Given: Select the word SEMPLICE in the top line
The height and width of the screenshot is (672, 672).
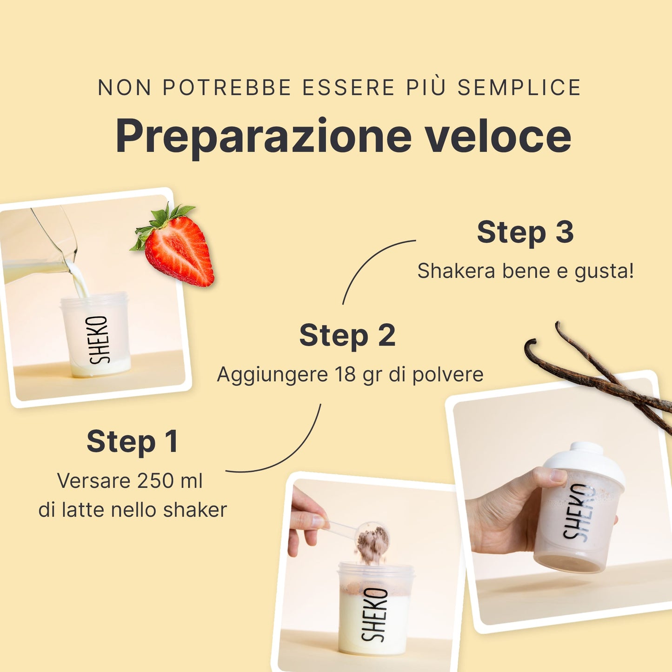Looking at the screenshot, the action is [x=519, y=87].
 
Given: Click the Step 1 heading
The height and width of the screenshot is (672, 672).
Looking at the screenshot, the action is [x=133, y=442].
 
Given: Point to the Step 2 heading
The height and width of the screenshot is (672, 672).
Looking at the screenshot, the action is [x=347, y=335].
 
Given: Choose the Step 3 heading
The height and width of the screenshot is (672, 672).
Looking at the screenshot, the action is [x=525, y=233].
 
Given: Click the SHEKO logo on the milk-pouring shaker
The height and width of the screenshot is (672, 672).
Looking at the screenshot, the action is [x=99, y=339].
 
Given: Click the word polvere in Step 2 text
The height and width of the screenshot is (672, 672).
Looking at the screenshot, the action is [x=448, y=375].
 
